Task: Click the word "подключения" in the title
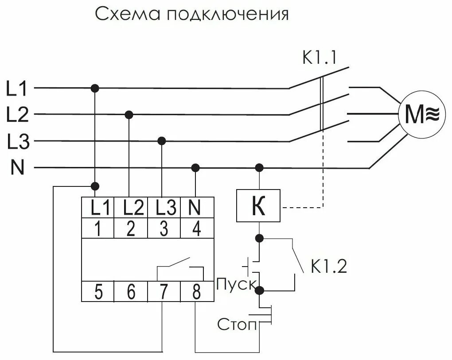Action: tap(228, 15)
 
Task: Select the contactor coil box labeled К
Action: tap(258, 205)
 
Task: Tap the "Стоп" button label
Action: tap(237, 325)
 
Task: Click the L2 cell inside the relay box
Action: tap(130, 207)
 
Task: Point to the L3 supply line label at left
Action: tap(18, 143)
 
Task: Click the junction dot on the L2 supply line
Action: tap(129, 115)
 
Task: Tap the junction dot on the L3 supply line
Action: tap(162, 141)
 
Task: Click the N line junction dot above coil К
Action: tap(259, 167)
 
